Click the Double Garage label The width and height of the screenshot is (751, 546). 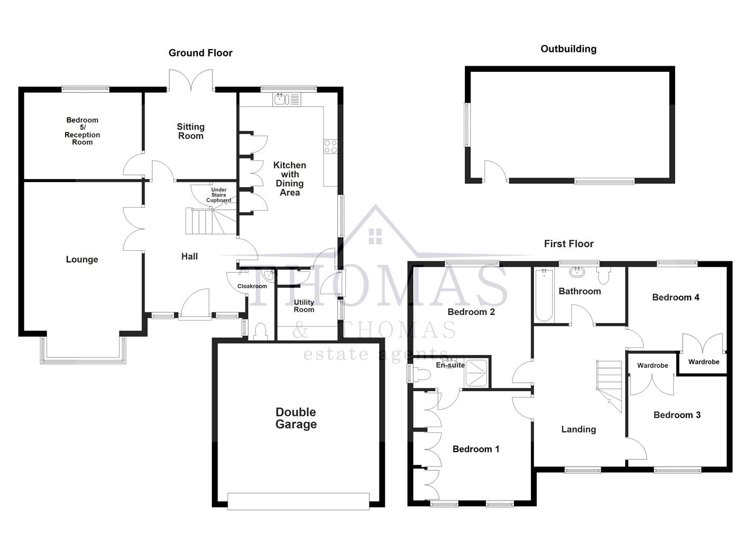click(296, 418)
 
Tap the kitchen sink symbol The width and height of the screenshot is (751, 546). click(287, 100)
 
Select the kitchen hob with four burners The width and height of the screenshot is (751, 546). click(330, 147)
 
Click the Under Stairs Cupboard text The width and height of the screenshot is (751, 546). click(218, 195)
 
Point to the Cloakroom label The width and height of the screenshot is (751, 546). click(252, 286)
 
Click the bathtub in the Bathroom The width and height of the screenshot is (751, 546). click(544, 295)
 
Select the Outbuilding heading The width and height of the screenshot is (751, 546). click(568, 49)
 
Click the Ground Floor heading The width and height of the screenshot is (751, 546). click(200, 53)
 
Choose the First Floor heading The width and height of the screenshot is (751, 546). click(568, 244)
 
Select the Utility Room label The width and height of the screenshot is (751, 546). click(304, 306)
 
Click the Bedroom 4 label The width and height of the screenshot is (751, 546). click(675, 297)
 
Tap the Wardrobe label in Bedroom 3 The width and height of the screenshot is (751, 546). click(652, 366)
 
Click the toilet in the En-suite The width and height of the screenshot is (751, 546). click(421, 375)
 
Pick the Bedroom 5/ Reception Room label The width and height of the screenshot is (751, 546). click(82, 131)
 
